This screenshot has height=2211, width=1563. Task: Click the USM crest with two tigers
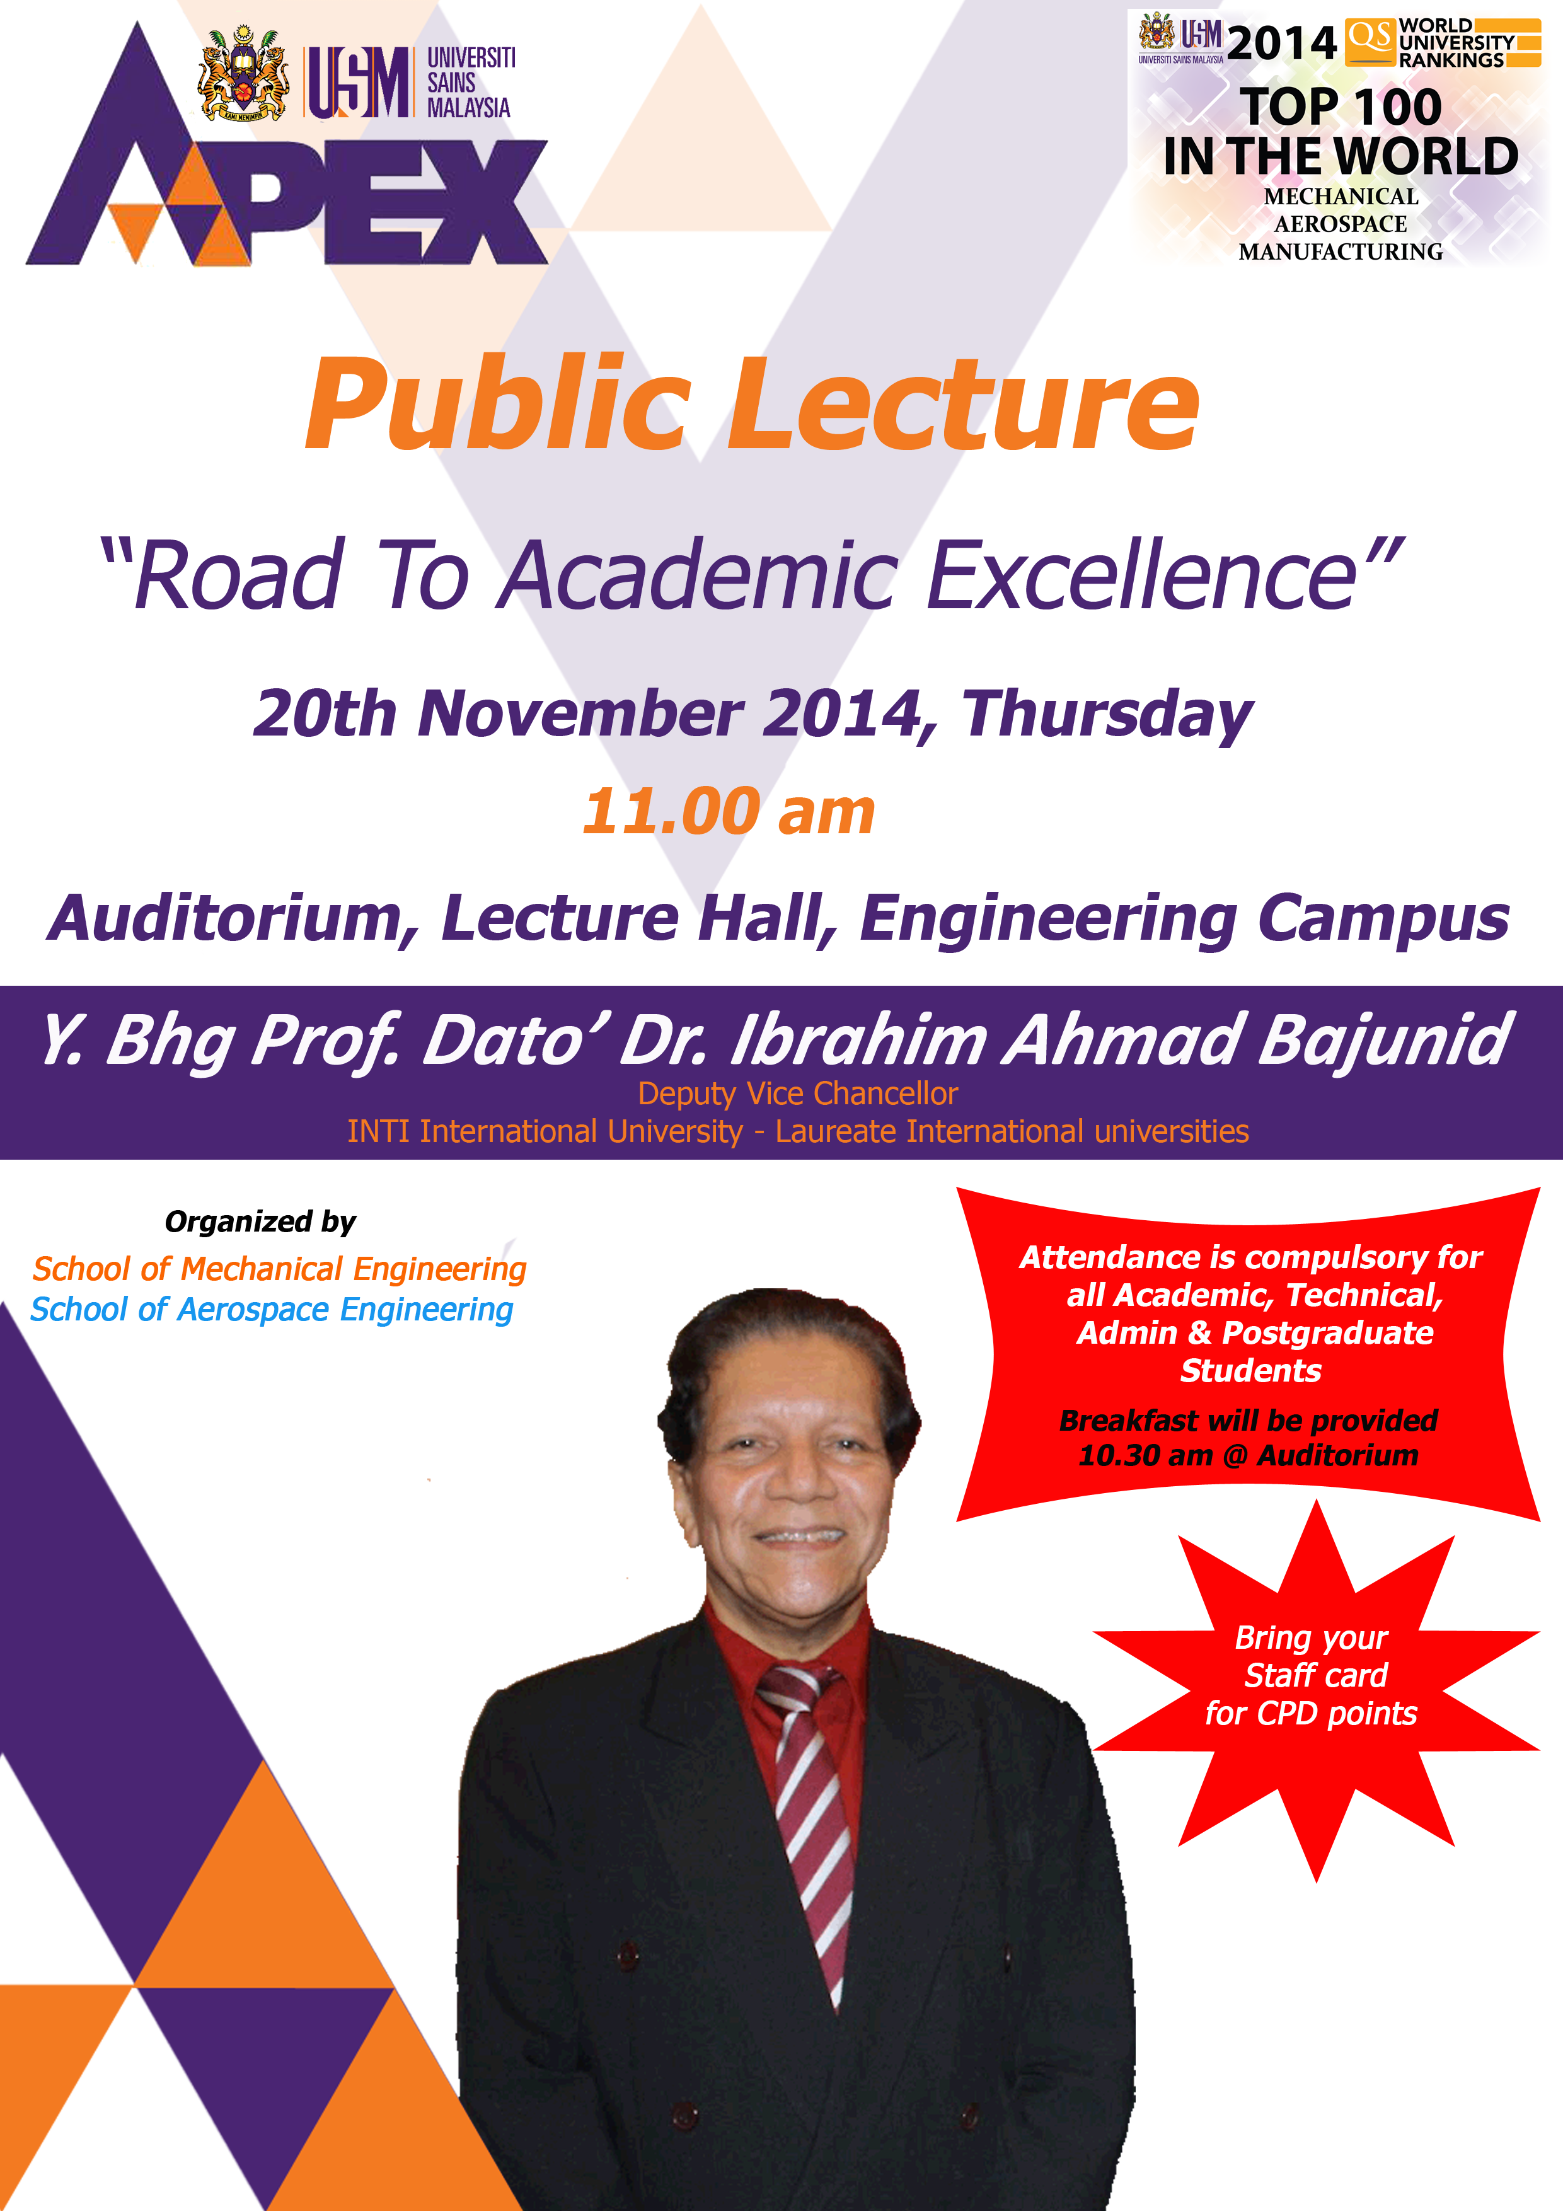244,74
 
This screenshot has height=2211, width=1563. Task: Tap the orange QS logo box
1370,40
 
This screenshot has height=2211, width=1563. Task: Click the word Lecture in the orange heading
963,405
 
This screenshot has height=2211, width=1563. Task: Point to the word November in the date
580,713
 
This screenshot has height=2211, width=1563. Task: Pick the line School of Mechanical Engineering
279,1269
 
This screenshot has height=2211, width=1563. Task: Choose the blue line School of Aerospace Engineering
272,1310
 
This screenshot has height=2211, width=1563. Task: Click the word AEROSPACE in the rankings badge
1341,224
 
